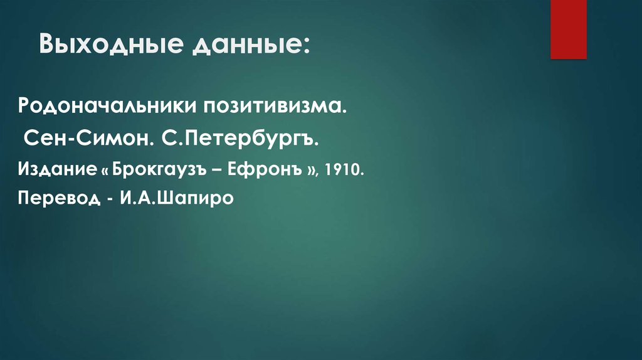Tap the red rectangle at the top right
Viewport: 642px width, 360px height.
(x=568, y=29)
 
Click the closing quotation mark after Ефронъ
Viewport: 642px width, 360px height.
(x=310, y=169)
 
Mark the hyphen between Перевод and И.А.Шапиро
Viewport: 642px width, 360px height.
(x=110, y=199)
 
